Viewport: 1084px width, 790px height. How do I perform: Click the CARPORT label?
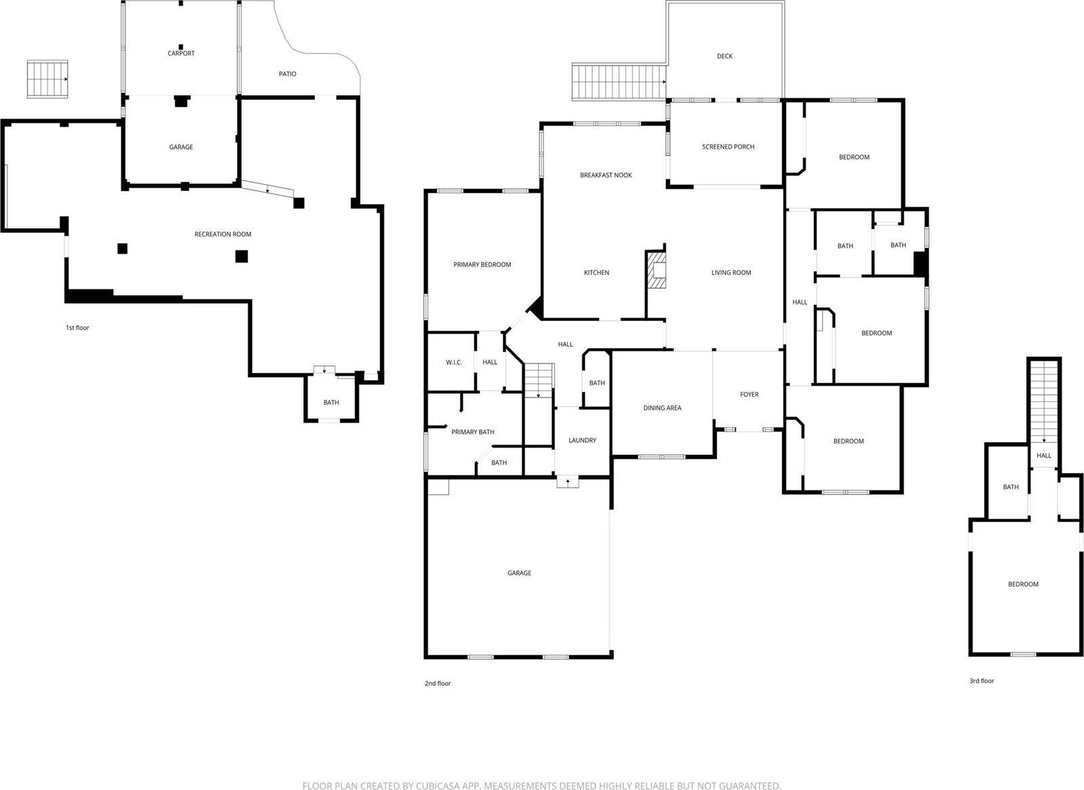[x=181, y=53]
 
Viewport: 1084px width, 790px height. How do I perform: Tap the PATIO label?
[x=287, y=74]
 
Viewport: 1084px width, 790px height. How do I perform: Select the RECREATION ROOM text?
[x=223, y=234]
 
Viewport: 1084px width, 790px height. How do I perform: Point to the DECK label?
[x=724, y=56]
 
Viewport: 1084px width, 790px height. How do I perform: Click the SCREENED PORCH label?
[x=728, y=147]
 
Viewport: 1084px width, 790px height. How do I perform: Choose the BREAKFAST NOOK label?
[x=606, y=175]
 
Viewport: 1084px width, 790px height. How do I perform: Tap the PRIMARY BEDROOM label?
[x=482, y=265]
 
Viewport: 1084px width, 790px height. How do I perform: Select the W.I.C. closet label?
[x=453, y=363]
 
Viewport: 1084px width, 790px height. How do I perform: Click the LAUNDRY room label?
[x=582, y=441]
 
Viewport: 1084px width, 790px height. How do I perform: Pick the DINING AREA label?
[x=662, y=408]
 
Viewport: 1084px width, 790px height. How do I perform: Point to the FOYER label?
[x=749, y=395]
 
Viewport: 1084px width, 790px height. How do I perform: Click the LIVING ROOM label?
[x=731, y=273]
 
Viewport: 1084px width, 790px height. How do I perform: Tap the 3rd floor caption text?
[x=981, y=681]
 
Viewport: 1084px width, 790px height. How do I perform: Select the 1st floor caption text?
[x=77, y=328]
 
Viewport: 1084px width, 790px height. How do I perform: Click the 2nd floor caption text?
[x=437, y=684]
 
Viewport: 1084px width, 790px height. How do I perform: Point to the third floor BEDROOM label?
[x=1022, y=584]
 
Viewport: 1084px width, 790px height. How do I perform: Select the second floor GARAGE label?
[x=519, y=573]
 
